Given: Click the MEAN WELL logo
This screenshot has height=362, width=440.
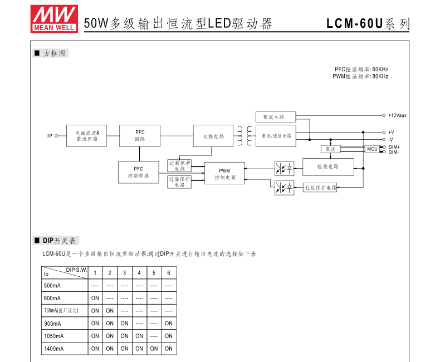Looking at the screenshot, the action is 54,19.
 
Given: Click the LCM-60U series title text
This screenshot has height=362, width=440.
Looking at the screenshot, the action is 368,23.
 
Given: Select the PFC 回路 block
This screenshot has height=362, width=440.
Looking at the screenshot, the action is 140,136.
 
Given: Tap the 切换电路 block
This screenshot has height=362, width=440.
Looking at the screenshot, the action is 213,136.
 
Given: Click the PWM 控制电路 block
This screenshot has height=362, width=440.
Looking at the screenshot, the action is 224,173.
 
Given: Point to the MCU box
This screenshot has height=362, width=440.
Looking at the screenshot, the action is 372,149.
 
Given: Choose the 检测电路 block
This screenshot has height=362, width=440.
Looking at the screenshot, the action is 328,167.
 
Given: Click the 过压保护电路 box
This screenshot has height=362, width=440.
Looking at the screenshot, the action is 320,188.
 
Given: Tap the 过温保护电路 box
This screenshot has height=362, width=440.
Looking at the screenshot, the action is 179,182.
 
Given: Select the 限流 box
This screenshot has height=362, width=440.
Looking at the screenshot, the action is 330,149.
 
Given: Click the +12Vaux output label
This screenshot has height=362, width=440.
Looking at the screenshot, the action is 397,115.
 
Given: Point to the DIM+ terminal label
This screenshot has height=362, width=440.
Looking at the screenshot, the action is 394,147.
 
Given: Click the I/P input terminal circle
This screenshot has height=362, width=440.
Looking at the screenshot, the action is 56,136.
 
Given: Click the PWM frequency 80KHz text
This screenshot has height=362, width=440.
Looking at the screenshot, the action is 380,76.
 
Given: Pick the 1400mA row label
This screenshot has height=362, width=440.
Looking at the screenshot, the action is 54,349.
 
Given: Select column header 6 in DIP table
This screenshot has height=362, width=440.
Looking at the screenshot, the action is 169,273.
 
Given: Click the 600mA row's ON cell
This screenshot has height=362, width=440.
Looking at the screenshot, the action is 95,298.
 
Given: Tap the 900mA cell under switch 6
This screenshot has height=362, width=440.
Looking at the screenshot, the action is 169,323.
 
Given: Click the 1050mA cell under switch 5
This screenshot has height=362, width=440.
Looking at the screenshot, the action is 154,336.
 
